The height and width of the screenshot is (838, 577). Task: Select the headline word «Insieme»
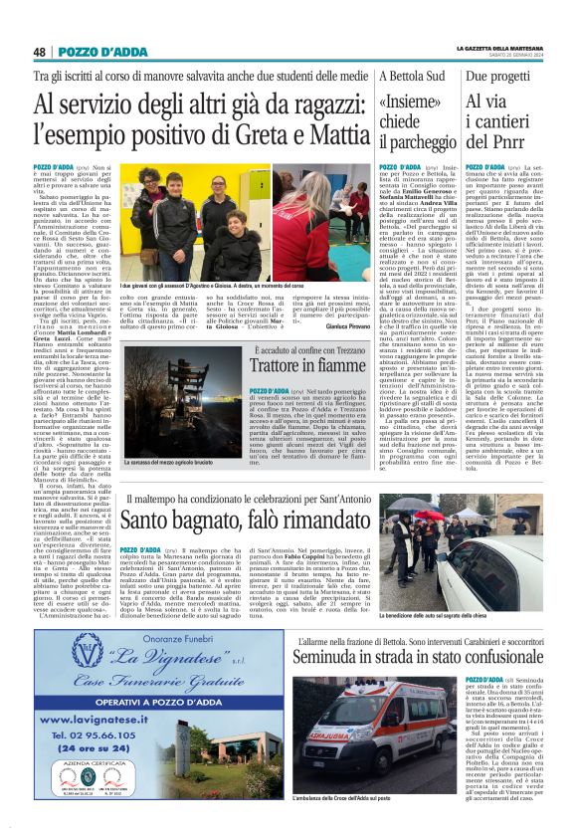click(411, 105)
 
